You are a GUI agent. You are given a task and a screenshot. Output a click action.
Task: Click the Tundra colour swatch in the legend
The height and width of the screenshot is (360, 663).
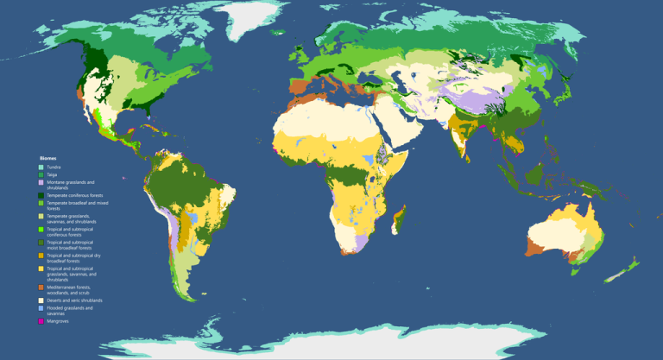click(40, 167)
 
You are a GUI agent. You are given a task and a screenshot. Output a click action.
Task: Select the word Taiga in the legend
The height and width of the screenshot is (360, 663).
click(52, 174)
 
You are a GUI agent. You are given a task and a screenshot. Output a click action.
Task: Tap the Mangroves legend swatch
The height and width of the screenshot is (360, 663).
click(40, 321)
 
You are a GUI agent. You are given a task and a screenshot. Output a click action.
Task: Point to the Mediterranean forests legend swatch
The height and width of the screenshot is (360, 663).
click(40, 287)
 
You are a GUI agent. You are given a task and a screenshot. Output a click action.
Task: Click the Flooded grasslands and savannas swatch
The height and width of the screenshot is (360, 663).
click(40, 308)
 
